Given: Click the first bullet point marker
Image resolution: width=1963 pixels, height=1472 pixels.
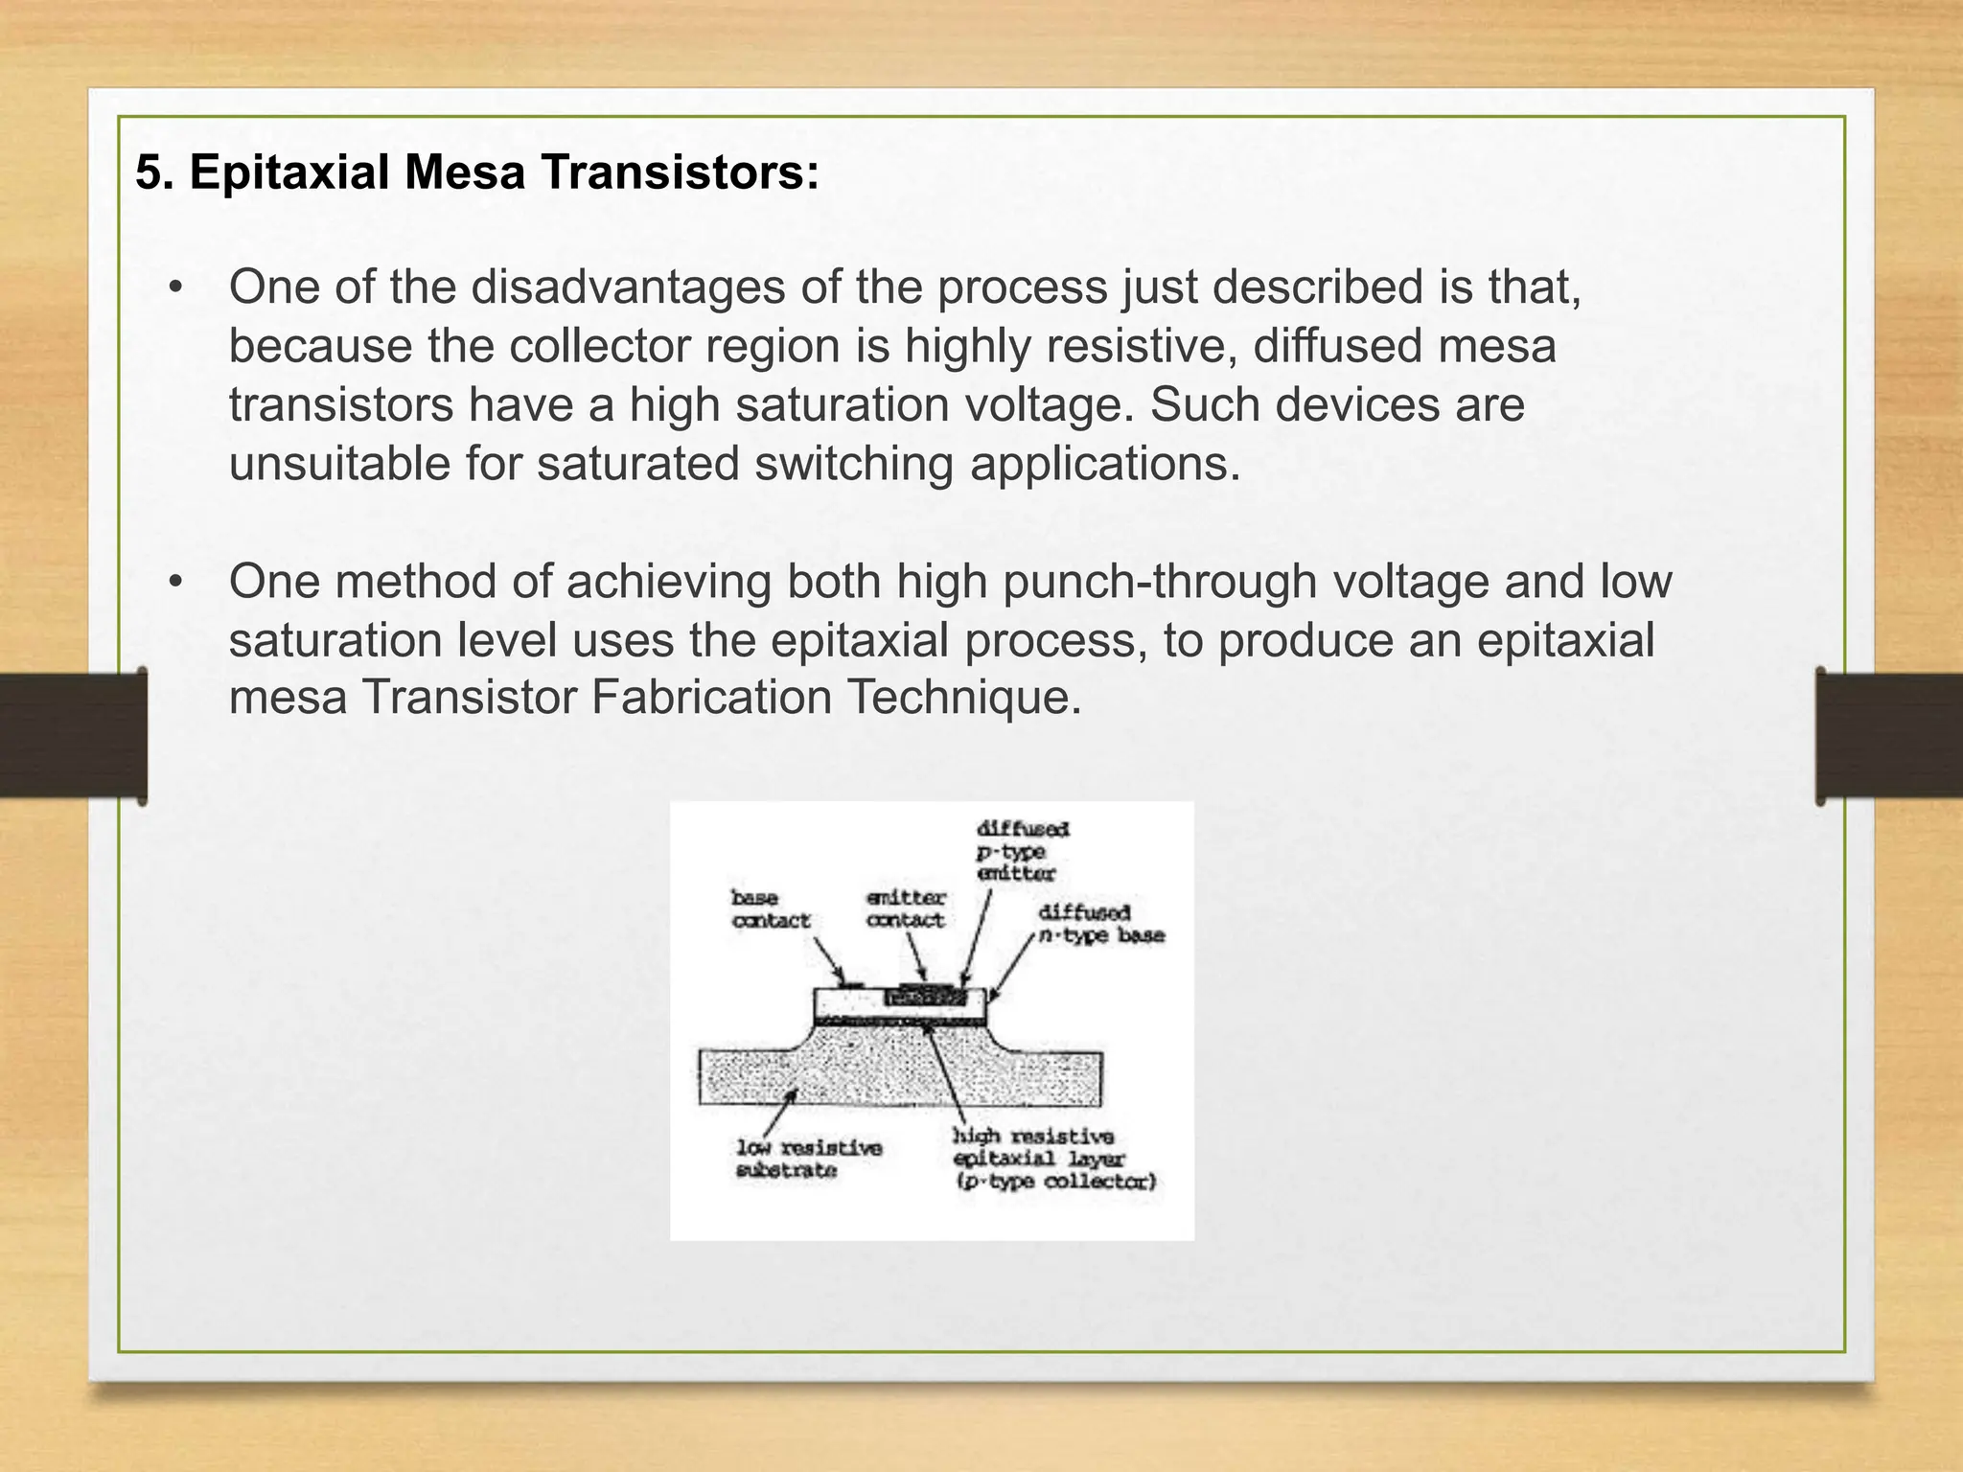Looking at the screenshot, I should (x=174, y=288).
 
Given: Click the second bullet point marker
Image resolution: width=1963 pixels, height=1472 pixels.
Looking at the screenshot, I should (x=174, y=583).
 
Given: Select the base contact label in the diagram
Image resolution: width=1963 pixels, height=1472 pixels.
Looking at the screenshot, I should (x=771, y=908).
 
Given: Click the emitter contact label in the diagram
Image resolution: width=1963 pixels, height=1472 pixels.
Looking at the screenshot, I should (x=905, y=908).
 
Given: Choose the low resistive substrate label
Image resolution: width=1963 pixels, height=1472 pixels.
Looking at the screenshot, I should (x=808, y=1159).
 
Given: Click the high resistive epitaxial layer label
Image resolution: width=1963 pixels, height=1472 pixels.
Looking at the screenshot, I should (x=1052, y=1159).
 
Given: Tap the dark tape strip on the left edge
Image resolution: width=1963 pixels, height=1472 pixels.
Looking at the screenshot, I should (x=72, y=735).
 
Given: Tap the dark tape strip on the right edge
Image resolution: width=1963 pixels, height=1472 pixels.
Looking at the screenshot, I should (x=1889, y=735).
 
